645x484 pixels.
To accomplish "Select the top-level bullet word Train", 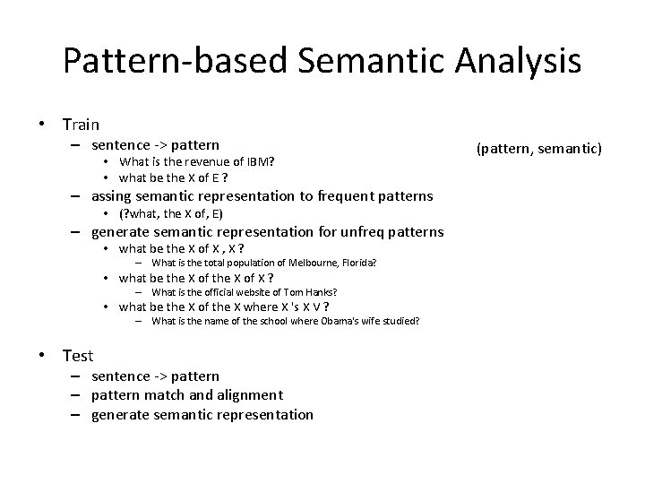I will (x=81, y=125).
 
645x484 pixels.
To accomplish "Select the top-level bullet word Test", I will (x=78, y=356).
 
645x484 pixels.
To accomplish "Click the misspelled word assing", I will (x=112, y=196).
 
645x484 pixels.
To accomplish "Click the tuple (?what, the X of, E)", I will (x=171, y=213).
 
